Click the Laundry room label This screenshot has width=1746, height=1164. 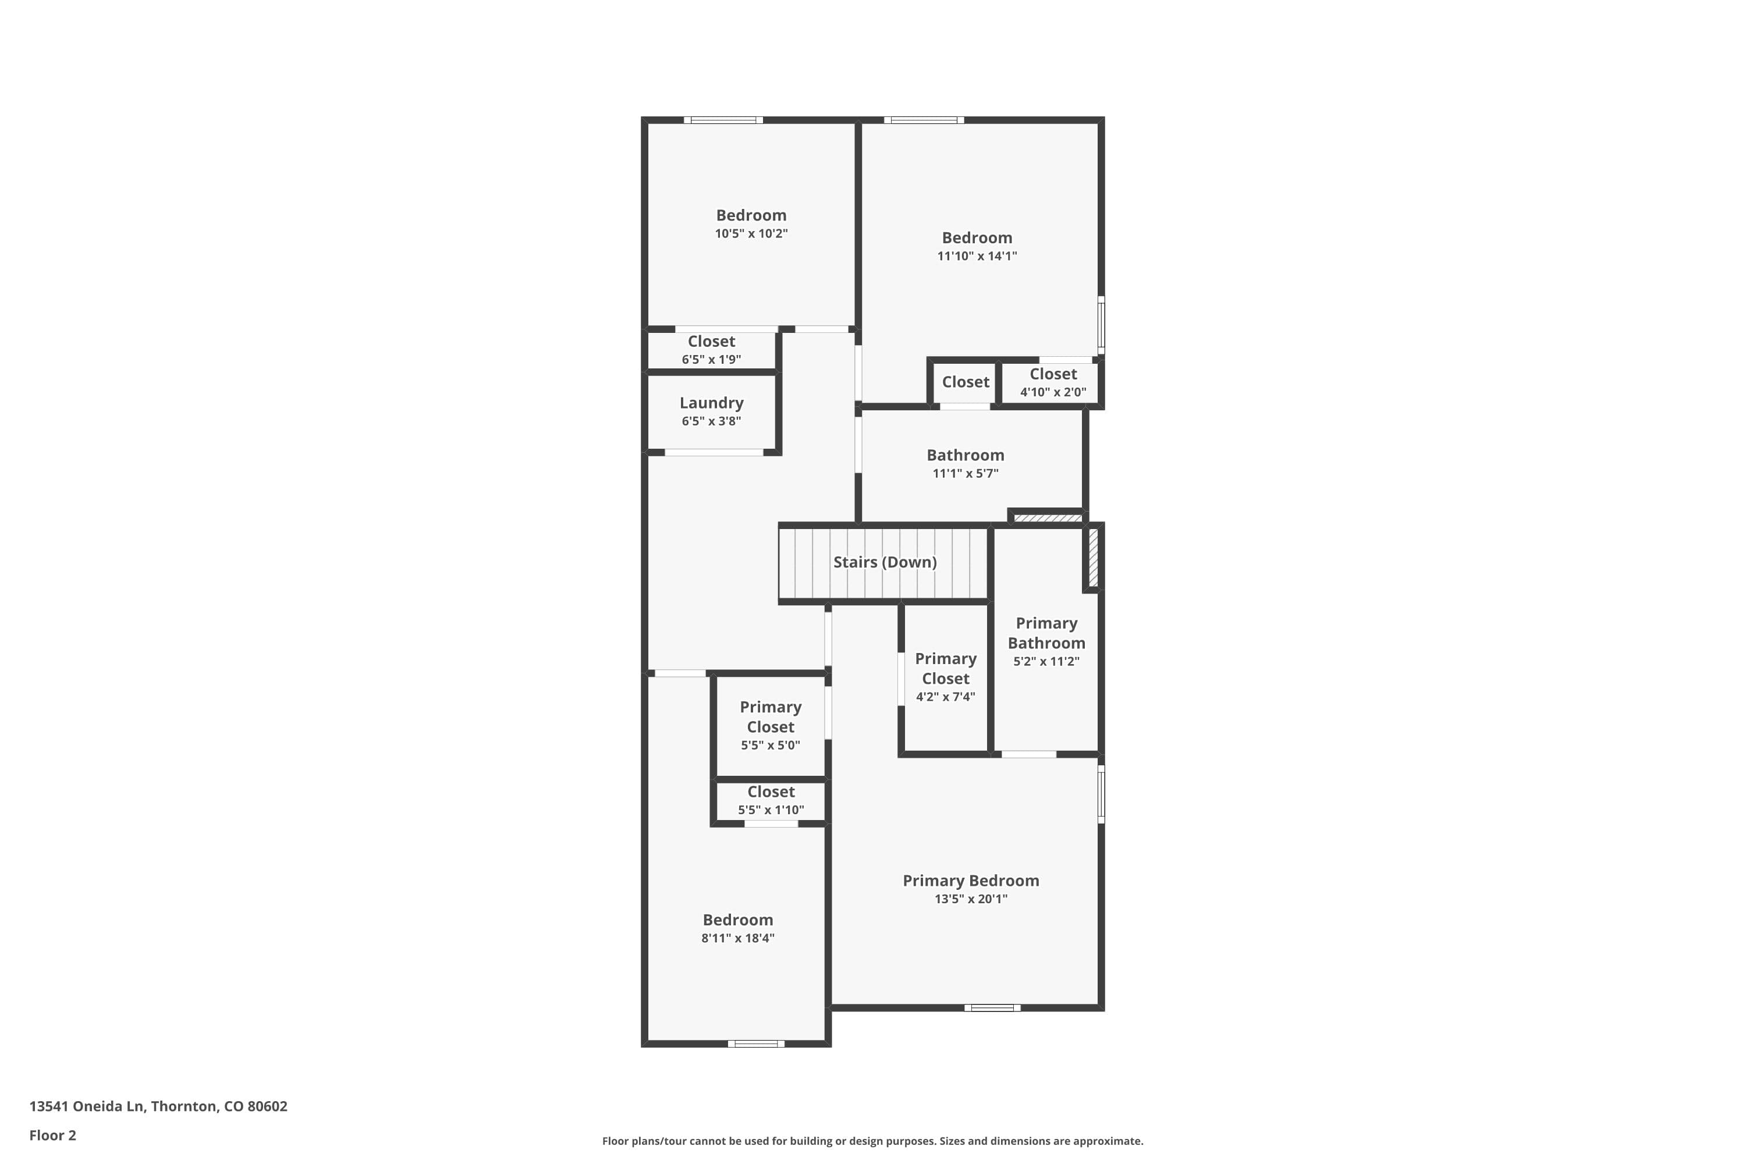tap(711, 403)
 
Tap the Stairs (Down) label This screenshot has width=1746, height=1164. tap(884, 562)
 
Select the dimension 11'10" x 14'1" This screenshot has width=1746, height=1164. tap(976, 256)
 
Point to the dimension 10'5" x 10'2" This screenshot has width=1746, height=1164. tap(751, 233)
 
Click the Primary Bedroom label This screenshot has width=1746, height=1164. tap(970, 881)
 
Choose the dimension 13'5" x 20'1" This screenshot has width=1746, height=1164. tap(970, 899)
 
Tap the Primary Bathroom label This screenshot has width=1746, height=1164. tap(1046, 633)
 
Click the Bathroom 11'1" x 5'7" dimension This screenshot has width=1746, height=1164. tap(965, 474)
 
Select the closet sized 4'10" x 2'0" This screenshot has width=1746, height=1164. tap(1053, 383)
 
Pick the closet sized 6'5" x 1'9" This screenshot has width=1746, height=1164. tap(711, 350)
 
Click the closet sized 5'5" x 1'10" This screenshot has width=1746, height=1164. tap(771, 800)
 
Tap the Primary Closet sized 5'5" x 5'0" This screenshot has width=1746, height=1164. tap(770, 725)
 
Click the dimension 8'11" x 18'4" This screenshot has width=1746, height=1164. tap(737, 938)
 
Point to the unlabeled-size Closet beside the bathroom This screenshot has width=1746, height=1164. tap(965, 382)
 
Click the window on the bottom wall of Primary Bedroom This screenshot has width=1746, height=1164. tap(992, 1007)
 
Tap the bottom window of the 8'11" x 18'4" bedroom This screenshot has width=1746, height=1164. tap(755, 1044)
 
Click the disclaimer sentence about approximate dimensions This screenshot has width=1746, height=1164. tap(872, 1141)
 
